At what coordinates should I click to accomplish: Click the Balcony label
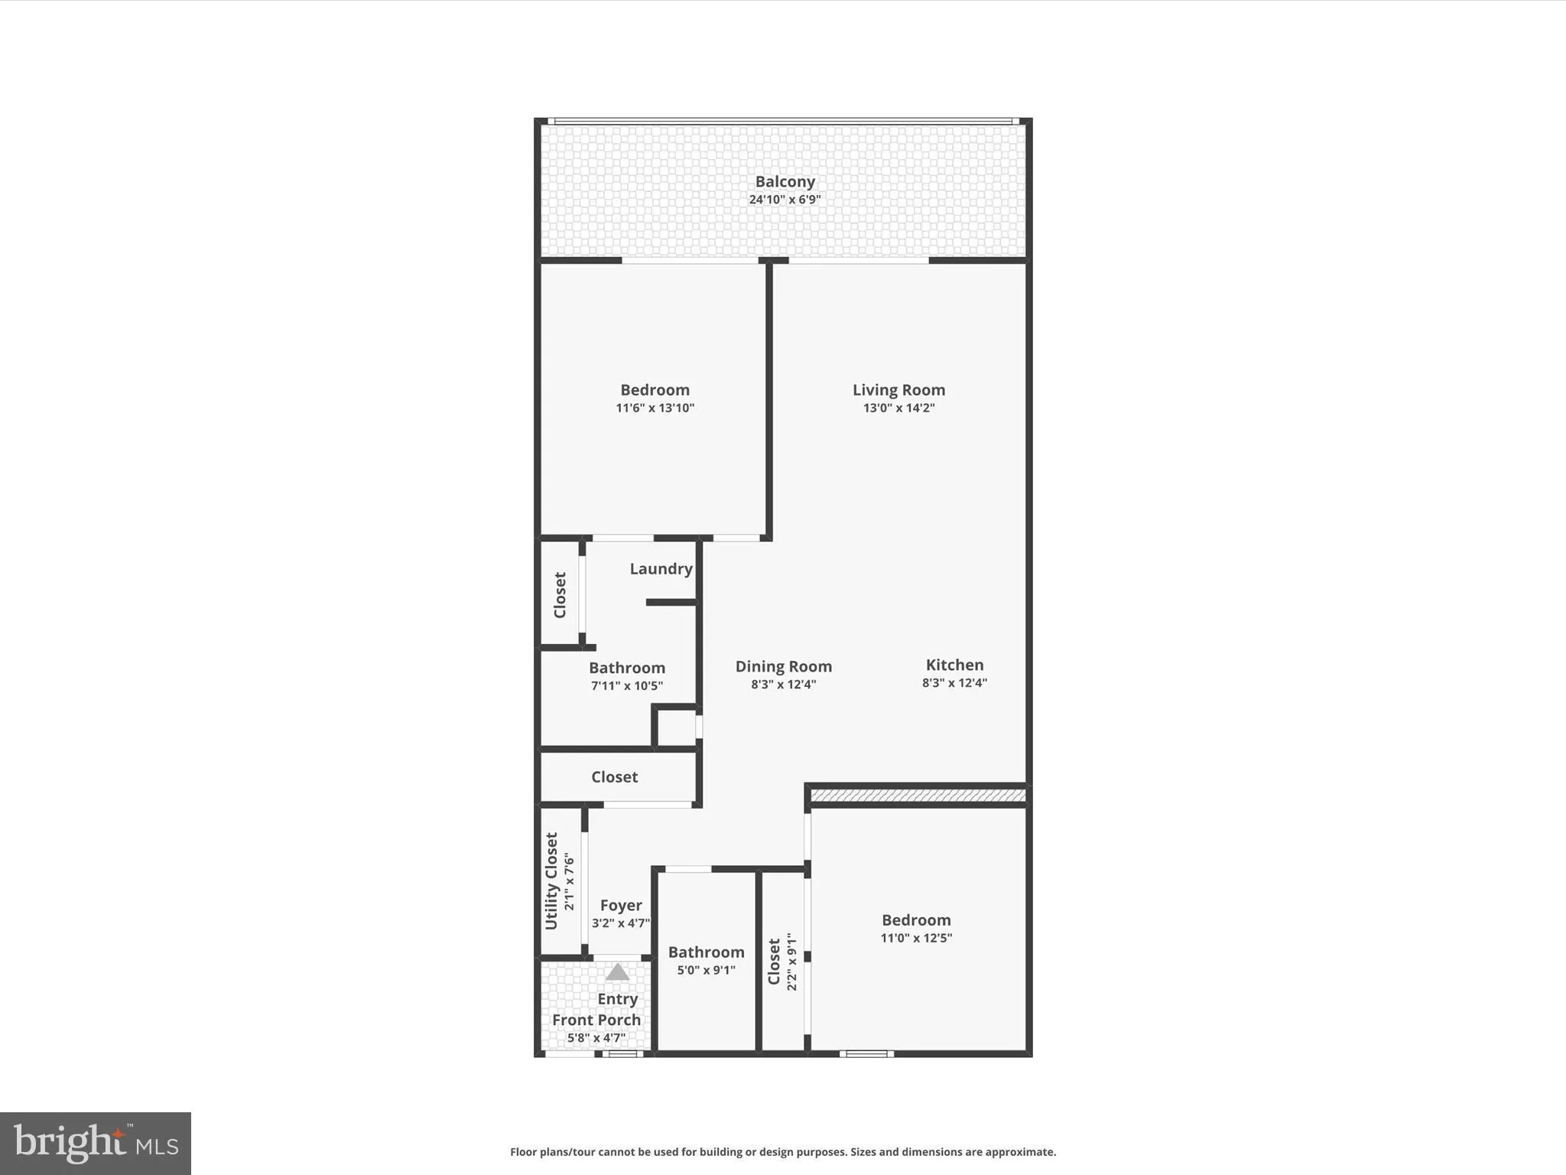pos(785,181)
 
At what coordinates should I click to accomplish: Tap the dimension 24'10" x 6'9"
pos(785,200)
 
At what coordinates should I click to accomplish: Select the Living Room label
pos(898,390)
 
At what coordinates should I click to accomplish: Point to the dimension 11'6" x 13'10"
pos(655,408)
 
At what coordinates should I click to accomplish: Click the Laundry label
pos(661,568)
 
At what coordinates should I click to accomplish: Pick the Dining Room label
pos(783,666)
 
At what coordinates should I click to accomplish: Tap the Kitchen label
pos(954,665)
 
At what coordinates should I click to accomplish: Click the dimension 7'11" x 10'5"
pos(626,685)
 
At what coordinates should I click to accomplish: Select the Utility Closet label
pos(551,881)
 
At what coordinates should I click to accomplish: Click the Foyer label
pos(620,906)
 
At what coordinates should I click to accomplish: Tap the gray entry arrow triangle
pos(617,973)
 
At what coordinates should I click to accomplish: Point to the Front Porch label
pos(596,1020)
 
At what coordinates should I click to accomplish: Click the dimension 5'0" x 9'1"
pos(706,970)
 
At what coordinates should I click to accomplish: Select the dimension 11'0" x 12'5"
pos(915,938)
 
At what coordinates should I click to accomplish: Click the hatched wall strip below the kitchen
pos(918,796)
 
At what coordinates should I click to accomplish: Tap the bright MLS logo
pos(96,1143)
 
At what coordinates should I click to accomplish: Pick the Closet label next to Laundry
pos(560,595)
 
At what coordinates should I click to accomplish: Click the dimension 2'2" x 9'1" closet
pos(791,962)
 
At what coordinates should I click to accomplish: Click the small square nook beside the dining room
pos(676,727)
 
